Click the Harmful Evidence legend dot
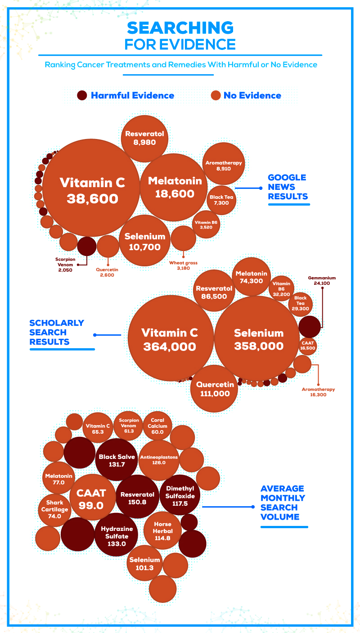pyautogui.click(x=82, y=95)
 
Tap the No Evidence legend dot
pyautogui.click(x=216, y=95)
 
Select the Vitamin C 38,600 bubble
pyautogui.click(x=92, y=189)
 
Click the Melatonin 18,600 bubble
pyautogui.click(x=175, y=187)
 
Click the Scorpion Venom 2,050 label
pyautogui.click(x=65, y=265)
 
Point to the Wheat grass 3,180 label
pyautogui.click(x=183, y=266)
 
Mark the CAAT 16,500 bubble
pyautogui.click(x=308, y=346)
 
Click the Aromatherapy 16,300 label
pyautogui.click(x=318, y=392)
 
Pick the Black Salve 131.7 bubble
pyautogui.click(x=116, y=460)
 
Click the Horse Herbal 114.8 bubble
pyautogui.click(x=162, y=531)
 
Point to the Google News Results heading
pyautogui.click(x=287, y=187)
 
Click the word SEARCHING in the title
pyautogui.click(x=180, y=28)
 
